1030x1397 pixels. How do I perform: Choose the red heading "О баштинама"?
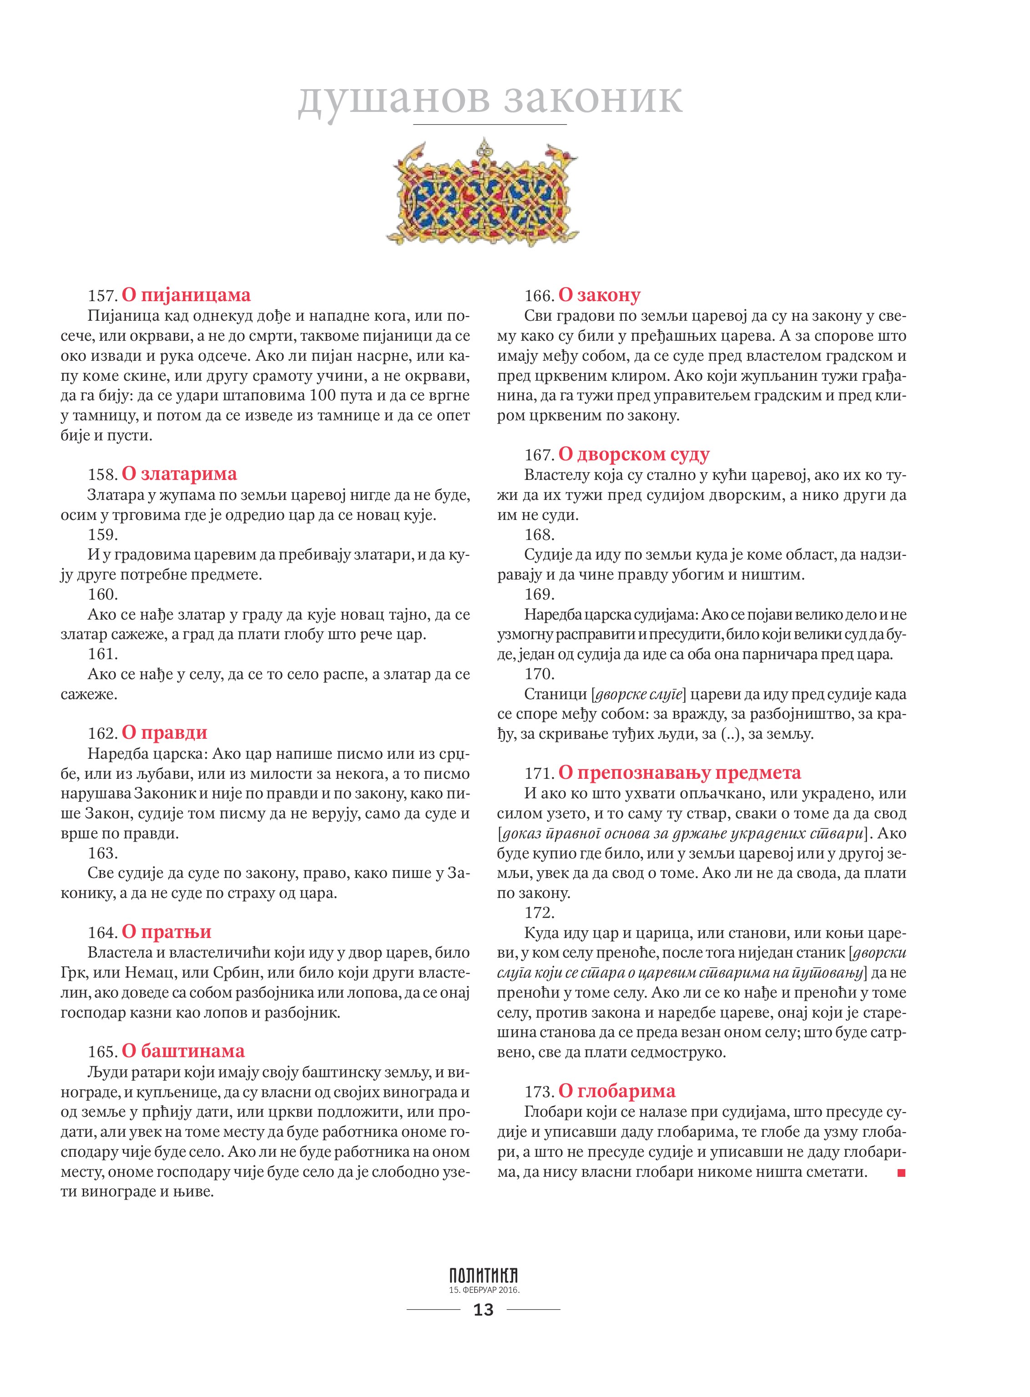[183, 1052]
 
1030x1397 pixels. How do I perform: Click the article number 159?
[103, 535]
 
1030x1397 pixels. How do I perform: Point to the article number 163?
[103, 853]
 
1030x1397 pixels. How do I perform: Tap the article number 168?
[539, 535]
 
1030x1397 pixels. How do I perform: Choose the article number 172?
[539, 913]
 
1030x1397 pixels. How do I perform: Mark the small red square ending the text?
[901, 1173]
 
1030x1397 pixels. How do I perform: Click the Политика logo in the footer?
[483, 1276]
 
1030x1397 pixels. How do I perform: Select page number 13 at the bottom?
[483, 1310]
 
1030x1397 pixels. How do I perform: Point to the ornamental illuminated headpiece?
[483, 193]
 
